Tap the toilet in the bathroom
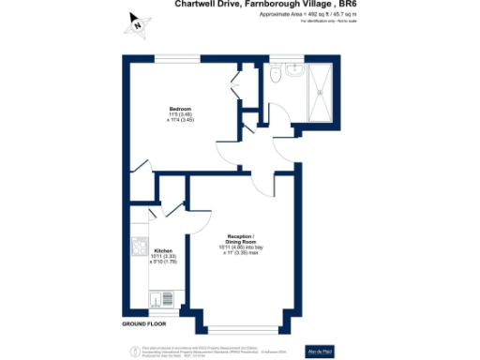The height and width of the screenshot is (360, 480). pyautogui.click(x=274, y=74)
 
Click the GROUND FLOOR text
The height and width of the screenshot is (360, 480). pyautogui.click(x=145, y=323)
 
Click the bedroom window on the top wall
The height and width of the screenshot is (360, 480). pyautogui.click(x=177, y=58)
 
